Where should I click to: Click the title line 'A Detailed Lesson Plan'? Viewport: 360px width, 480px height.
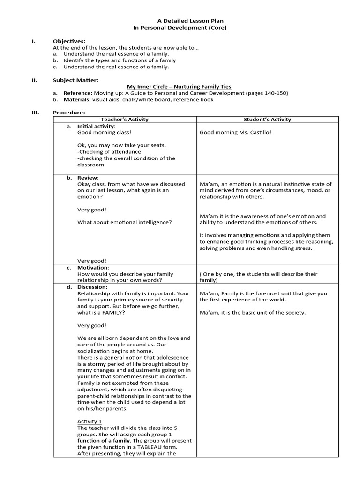180,21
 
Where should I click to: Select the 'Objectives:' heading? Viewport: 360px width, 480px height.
69,41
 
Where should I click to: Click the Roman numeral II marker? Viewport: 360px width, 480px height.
34,80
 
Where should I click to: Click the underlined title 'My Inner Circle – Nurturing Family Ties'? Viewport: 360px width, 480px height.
180,87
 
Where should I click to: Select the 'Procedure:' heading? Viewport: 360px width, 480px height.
69,112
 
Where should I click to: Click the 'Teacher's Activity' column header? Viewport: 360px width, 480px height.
124,120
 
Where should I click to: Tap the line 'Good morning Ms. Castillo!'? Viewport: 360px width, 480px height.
235,132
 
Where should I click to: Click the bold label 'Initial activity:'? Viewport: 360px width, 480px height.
96,126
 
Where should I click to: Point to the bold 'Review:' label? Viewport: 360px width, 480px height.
88,178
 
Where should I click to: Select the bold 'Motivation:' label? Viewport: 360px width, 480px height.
93,268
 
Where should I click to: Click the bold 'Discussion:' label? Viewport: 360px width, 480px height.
92,287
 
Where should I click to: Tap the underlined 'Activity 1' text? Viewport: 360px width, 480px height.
90,421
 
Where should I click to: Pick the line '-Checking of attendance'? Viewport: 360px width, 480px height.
109,152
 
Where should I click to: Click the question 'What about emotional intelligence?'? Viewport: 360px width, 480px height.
124,222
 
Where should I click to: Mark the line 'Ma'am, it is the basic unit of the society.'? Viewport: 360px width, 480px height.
252,313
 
